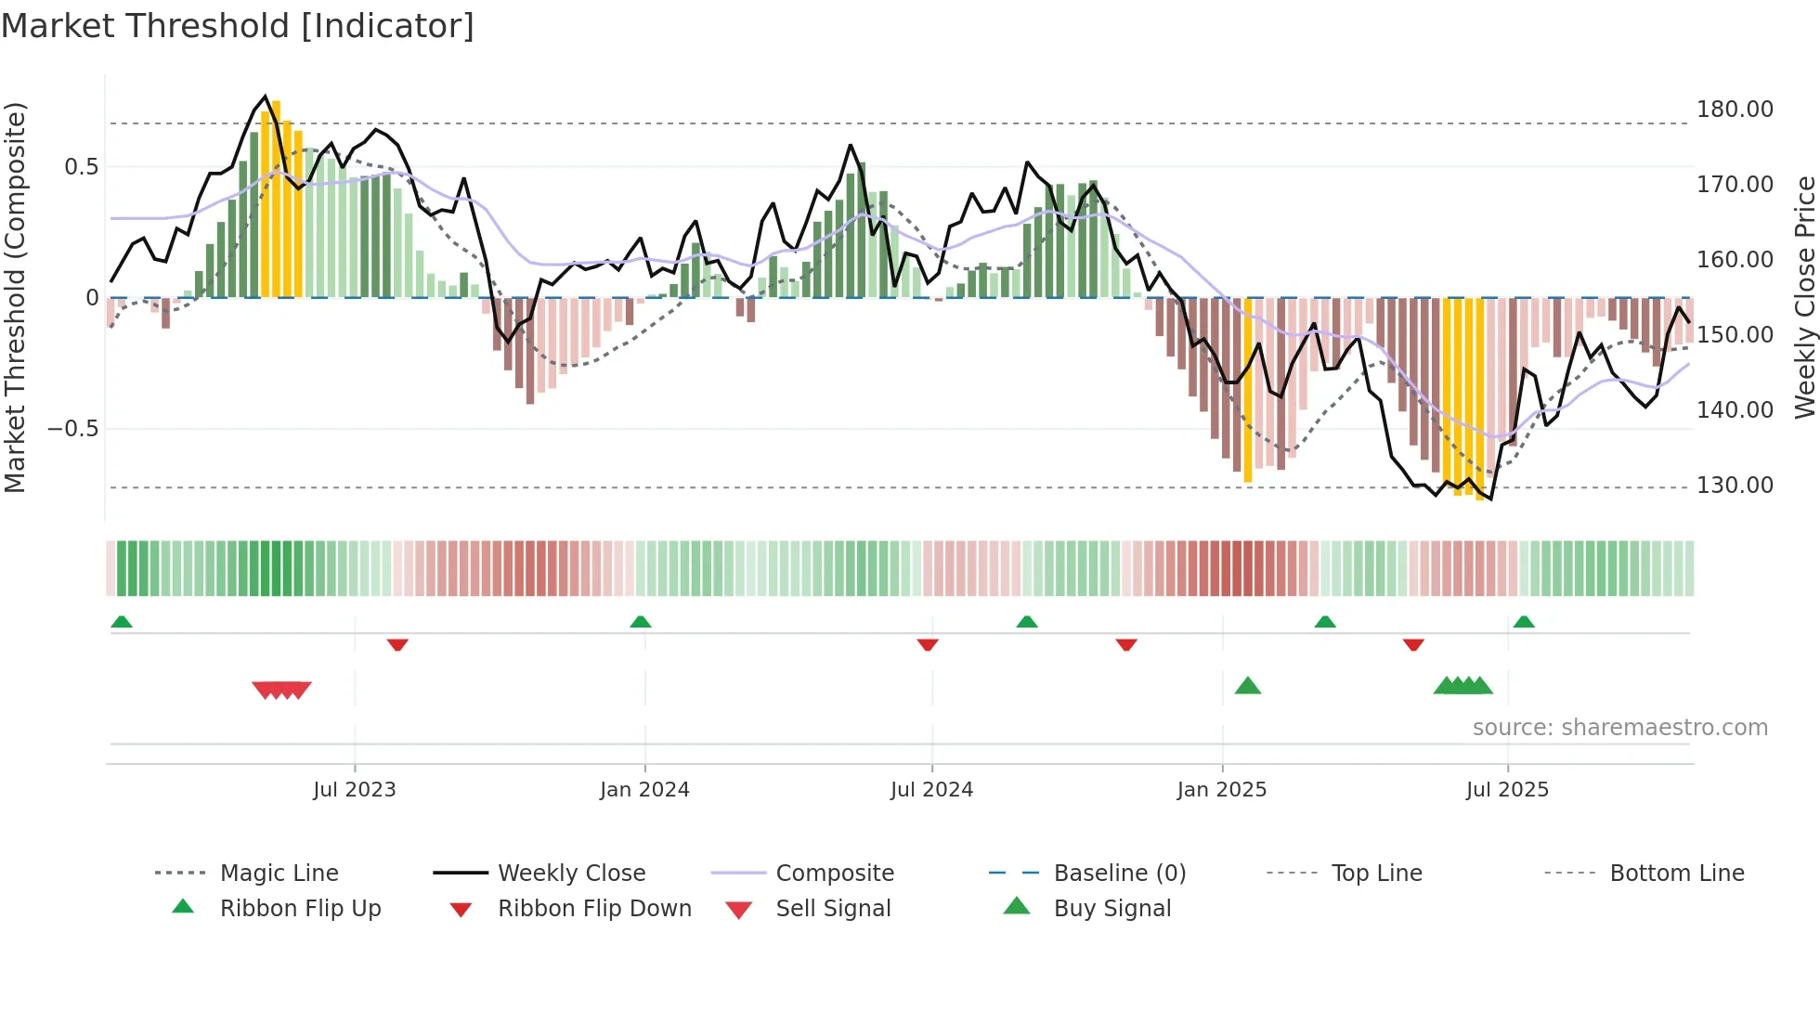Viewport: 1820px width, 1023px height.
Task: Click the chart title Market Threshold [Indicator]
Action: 238,26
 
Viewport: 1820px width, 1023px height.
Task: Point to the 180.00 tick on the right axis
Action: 1734,110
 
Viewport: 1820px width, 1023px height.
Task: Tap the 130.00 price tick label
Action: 1734,486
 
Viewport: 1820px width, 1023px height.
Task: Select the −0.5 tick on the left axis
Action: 72,429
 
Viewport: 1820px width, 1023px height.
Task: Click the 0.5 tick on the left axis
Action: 81,167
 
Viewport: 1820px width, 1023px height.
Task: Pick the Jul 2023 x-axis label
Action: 354,790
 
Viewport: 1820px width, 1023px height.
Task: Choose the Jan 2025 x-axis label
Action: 1221,790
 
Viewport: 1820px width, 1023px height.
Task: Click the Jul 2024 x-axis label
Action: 931,790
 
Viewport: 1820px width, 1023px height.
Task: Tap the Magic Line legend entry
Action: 279,874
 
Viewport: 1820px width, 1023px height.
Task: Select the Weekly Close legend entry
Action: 571,874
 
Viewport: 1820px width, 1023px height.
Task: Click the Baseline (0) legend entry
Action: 1119,874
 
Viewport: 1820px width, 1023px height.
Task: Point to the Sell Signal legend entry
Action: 833,909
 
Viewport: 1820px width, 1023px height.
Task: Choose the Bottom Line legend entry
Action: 1676,874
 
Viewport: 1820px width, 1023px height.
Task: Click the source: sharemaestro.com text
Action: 1619,728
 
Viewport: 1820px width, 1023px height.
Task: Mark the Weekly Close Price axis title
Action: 1804,297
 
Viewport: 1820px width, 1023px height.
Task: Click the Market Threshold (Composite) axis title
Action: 15,297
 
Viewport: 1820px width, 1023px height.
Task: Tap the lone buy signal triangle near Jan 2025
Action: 1247,686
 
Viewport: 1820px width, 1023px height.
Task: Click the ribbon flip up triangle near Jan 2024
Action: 640,622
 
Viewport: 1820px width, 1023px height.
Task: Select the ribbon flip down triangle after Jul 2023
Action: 397,644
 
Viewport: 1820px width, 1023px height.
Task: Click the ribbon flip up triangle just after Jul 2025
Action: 1524,622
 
